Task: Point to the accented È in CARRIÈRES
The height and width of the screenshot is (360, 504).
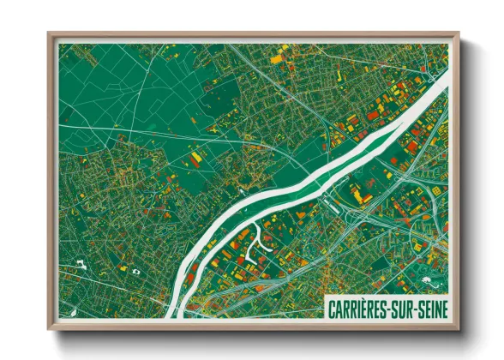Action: [x=371, y=307]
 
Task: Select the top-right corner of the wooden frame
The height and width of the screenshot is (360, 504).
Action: [x=456, y=35]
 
